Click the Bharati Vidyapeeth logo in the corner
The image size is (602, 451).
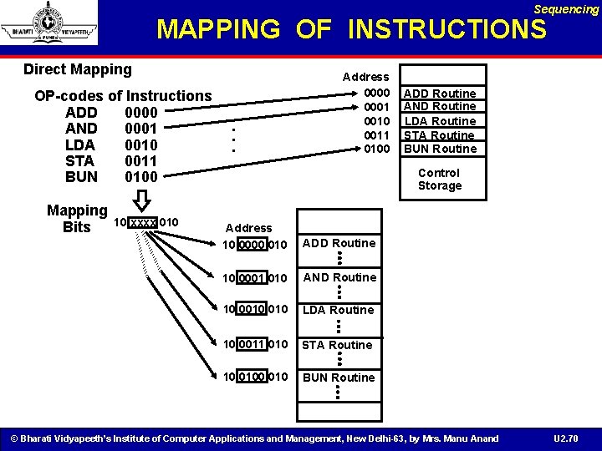48,23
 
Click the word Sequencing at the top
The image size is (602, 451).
566,9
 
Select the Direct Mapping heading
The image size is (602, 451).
78,69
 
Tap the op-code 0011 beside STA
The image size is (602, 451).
140,160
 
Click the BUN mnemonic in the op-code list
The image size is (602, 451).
81,177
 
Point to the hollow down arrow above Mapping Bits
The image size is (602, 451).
141,200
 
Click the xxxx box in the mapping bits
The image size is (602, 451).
143,222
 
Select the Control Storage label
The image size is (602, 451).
439,180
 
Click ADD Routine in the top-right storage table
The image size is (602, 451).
440,94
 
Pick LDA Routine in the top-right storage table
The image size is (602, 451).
440,121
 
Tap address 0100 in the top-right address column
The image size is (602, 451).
376,149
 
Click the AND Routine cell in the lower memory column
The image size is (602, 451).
339,277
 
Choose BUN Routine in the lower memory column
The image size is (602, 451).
339,378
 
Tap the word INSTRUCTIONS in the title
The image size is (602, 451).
446,30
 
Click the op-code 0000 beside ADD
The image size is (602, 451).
140,112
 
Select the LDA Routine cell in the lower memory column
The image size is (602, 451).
339,310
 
